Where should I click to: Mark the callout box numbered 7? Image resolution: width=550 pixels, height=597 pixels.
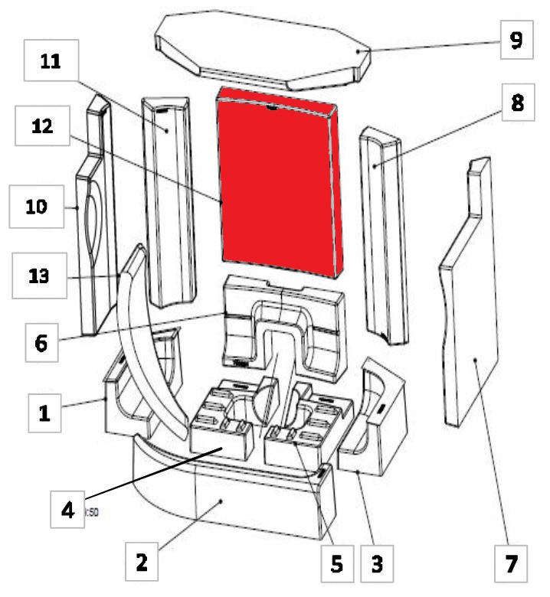(512, 564)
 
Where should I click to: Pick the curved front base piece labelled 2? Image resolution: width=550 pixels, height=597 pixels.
(230, 497)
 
